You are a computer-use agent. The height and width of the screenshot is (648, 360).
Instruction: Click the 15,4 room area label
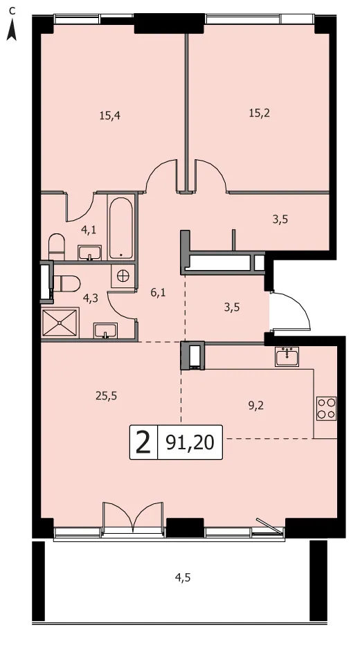click(110, 116)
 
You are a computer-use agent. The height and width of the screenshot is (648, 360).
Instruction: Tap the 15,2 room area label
click(259, 114)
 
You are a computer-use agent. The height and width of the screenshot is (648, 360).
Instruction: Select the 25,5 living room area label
click(106, 396)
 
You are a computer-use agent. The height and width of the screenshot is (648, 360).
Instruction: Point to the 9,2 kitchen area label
click(256, 406)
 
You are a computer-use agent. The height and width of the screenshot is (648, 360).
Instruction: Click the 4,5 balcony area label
click(183, 577)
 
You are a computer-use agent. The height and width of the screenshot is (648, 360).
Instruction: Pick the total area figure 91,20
click(190, 442)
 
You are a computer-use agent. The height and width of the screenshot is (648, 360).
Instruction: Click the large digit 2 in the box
click(143, 442)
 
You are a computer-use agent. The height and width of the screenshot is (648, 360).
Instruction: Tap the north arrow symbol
click(12, 29)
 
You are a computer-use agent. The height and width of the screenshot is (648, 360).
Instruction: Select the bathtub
click(121, 227)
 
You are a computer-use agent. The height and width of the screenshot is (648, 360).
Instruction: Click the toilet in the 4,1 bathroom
click(57, 246)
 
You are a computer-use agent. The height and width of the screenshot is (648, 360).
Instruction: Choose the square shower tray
click(60, 323)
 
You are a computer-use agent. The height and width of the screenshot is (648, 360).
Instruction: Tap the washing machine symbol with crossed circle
click(123, 276)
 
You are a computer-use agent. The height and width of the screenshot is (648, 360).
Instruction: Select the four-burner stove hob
click(327, 408)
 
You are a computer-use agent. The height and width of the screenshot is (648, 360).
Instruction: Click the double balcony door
click(133, 516)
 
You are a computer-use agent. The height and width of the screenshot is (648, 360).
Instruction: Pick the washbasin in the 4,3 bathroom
click(106, 331)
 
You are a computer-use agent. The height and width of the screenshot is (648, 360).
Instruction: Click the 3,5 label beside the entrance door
click(232, 307)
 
